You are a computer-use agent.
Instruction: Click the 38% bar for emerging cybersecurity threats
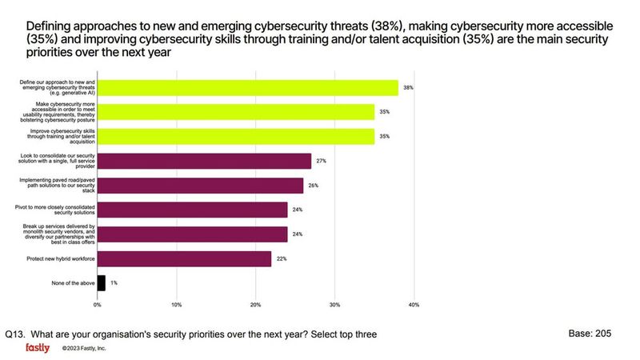coord(247,87)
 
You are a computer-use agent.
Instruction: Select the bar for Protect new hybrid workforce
coord(184,259)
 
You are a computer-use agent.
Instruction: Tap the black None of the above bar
coord(101,282)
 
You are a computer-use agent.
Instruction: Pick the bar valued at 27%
coord(204,161)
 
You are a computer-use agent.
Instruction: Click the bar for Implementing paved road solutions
coord(200,186)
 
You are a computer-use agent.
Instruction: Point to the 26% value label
coord(313,186)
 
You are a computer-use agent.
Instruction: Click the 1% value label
coord(114,282)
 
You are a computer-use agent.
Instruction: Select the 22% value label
coord(281,259)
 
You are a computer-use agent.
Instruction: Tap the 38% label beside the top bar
coord(408,87)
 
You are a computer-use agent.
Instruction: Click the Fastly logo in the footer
coord(38,348)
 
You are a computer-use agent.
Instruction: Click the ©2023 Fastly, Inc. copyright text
coord(84,349)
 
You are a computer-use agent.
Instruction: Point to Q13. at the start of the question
coord(16,334)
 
